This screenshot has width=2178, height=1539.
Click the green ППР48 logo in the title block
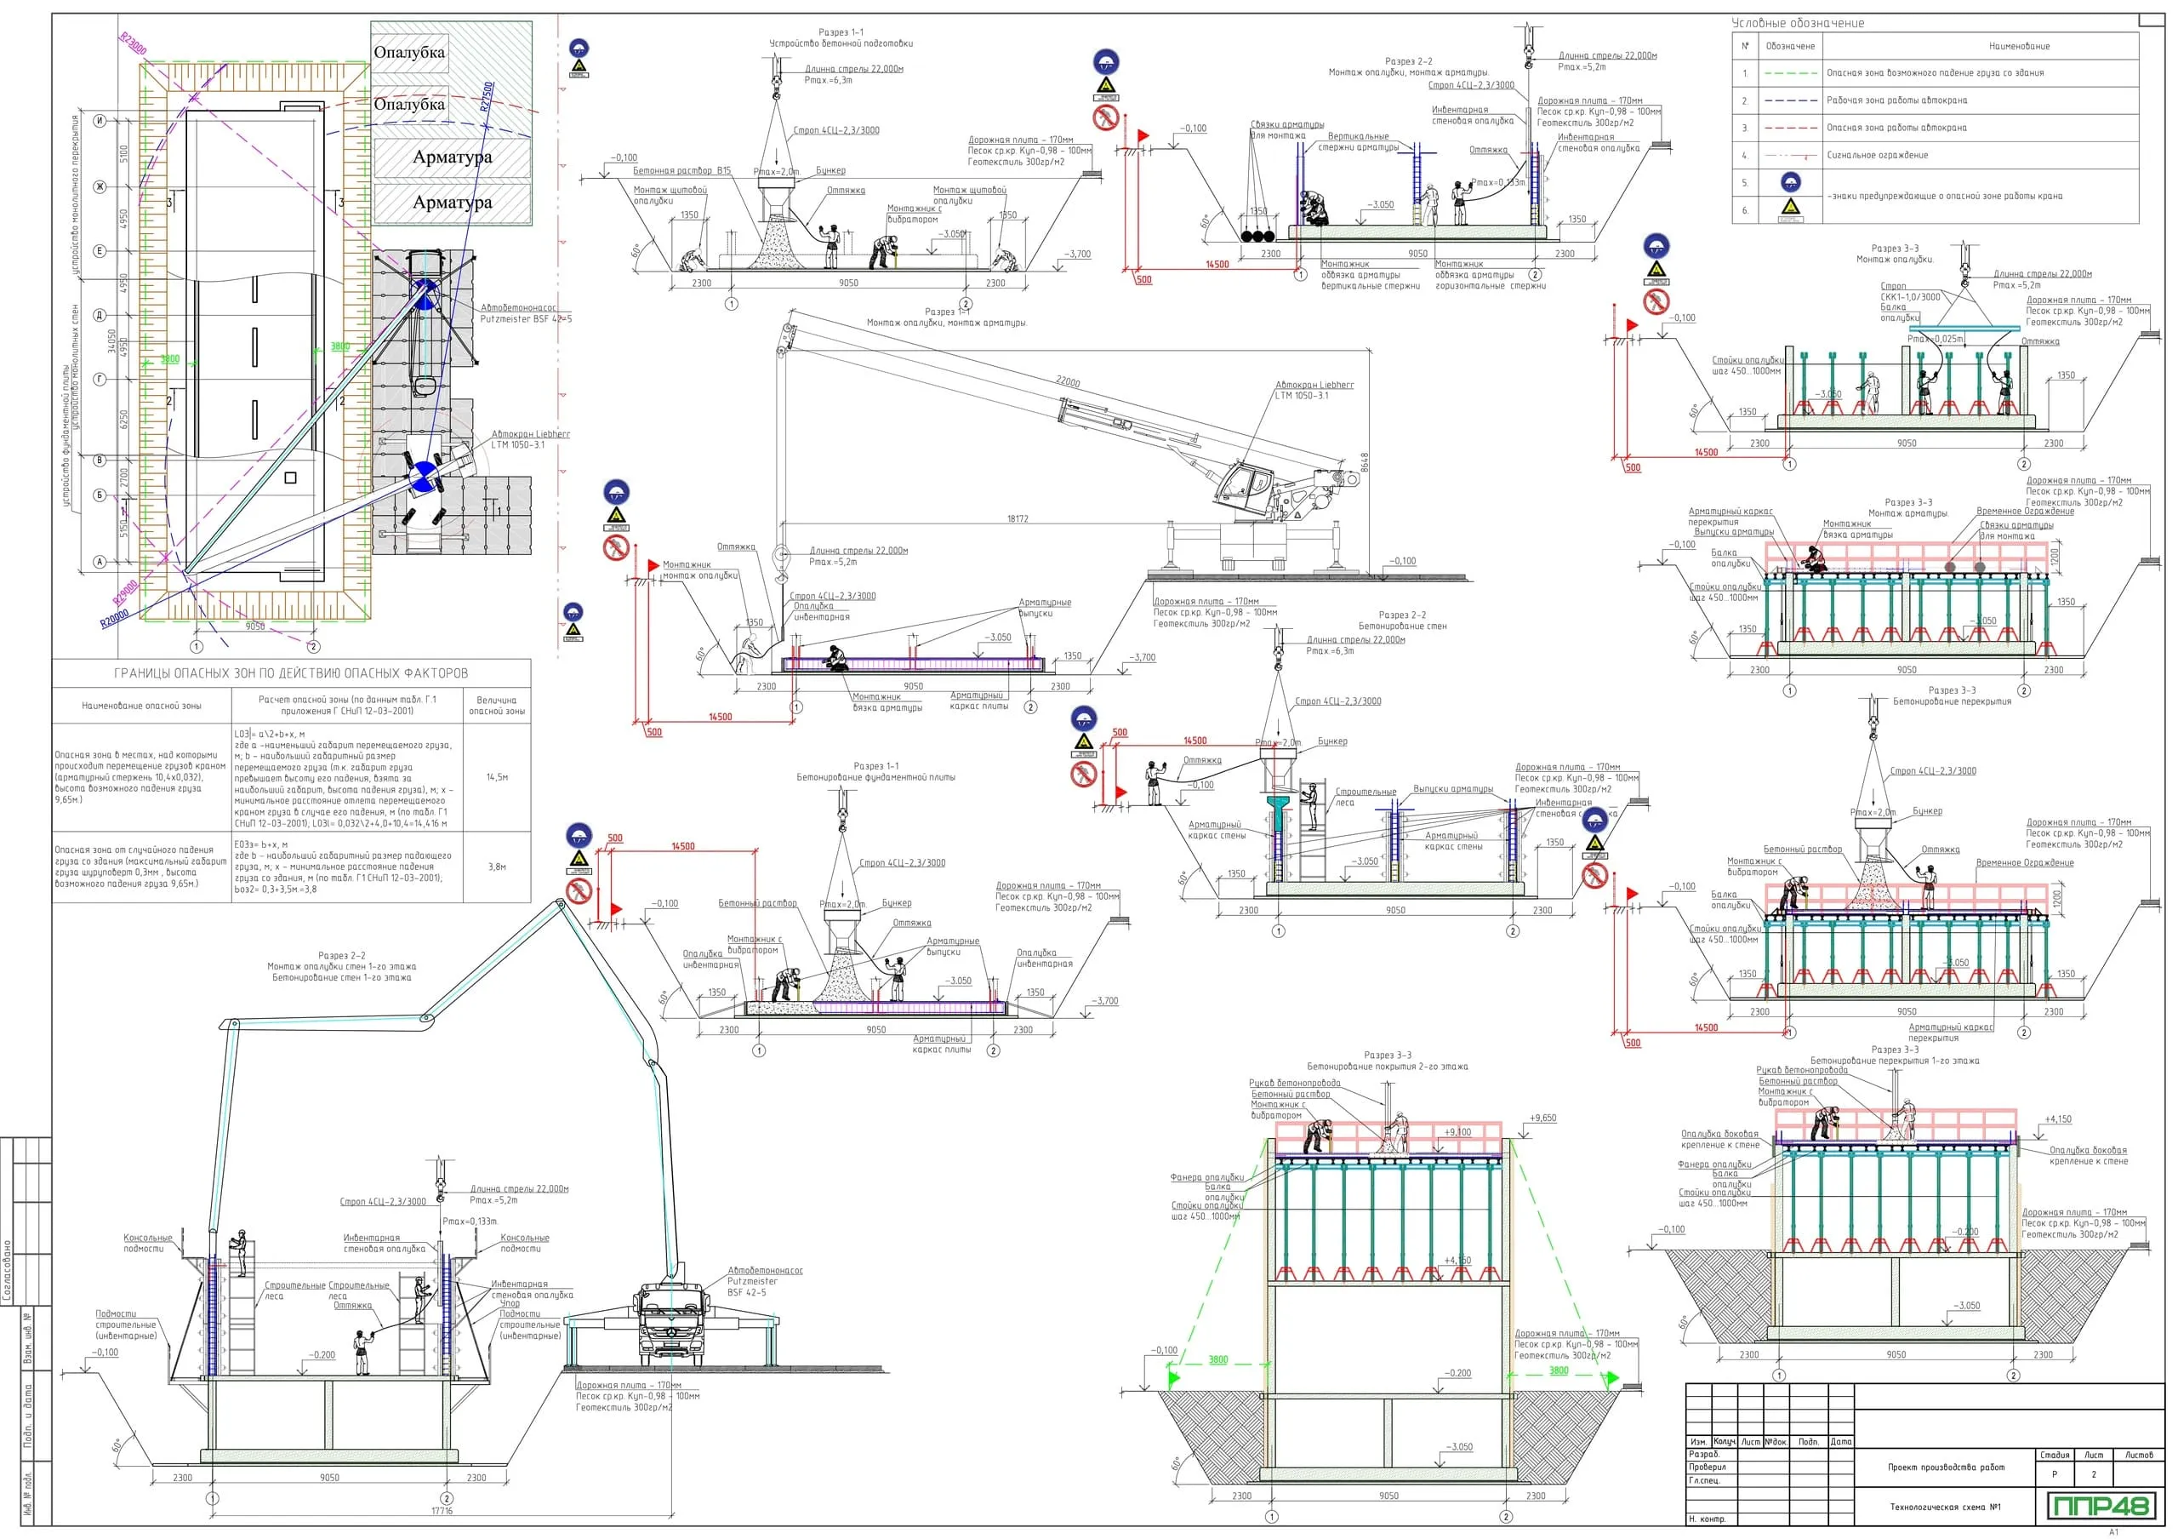click(x=2099, y=1506)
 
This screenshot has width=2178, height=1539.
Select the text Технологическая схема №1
click(x=1945, y=1507)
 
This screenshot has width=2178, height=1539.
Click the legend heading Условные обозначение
click(x=1797, y=23)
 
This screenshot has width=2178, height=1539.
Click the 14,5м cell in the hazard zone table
click(x=497, y=777)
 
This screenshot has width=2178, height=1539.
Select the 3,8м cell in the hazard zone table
click(x=497, y=867)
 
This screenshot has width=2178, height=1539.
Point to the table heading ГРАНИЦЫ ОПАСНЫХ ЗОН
click(x=290, y=672)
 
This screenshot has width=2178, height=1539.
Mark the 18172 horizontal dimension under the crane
click(x=1017, y=519)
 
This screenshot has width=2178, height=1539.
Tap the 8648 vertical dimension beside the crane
click(x=1364, y=462)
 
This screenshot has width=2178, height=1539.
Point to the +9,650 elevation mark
click(x=1542, y=1118)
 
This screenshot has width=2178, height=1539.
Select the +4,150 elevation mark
click(x=2057, y=1118)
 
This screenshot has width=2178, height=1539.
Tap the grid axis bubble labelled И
click(x=100, y=121)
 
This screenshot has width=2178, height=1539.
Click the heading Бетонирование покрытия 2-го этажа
click(x=1387, y=1067)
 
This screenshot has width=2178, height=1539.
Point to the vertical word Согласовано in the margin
click(x=8, y=1271)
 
